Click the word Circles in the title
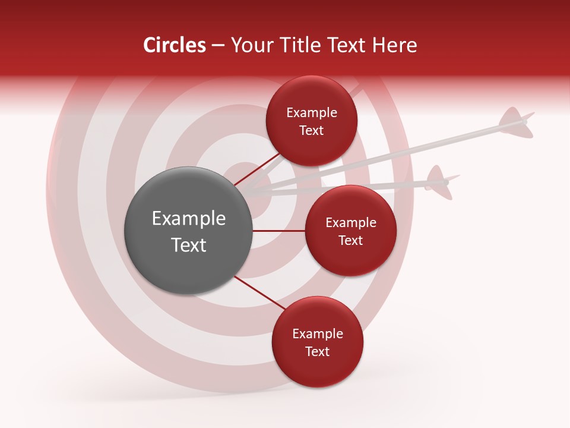coord(175,45)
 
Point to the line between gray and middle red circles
coord(278,231)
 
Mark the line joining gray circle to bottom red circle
coord(259,293)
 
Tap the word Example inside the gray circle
coord(188,219)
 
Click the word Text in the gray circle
coord(188,245)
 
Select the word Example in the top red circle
coord(312,113)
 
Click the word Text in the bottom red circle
coord(317,351)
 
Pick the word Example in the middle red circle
coord(350,223)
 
